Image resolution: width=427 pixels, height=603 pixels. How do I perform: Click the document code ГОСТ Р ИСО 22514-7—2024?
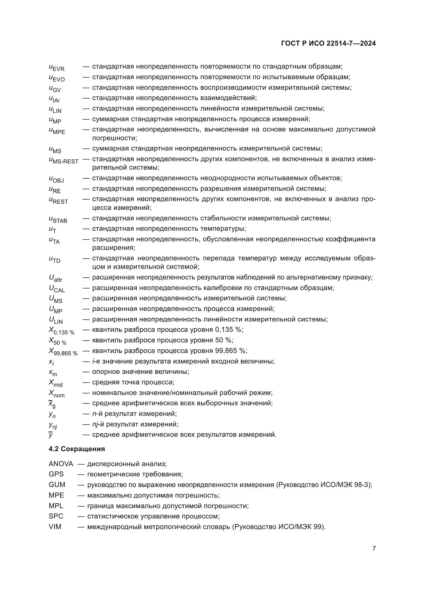click(328, 43)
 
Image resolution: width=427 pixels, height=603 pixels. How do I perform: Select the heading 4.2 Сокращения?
click(77, 449)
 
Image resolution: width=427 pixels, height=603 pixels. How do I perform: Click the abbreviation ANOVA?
click(61, 464)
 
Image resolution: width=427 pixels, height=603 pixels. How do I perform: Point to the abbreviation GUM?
click(57, 485)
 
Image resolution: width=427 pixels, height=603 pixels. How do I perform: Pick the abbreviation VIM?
click(55, 527)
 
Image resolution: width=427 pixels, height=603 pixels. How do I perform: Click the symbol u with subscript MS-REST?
click(64, 160)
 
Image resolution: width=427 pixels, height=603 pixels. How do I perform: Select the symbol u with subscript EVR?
click(57, 68)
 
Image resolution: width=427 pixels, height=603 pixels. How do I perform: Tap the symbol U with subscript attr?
click(56, 278)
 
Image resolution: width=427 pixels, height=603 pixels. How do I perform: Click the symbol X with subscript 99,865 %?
click(63, 352)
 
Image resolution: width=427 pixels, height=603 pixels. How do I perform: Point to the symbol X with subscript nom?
click(57, 394)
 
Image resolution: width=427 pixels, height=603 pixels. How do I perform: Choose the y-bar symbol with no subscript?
click(51, 435)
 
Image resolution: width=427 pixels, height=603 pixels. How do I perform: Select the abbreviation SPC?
click(56, 516)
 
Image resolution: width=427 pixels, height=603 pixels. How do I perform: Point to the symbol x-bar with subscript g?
click(52, 404)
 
